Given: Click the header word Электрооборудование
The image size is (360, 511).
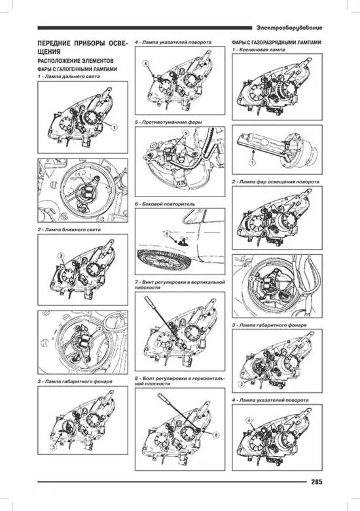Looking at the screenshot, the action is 289,28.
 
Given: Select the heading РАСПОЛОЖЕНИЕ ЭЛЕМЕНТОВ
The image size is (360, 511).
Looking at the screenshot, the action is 75,61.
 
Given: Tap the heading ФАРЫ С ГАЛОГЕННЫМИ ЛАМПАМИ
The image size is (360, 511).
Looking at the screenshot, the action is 77,69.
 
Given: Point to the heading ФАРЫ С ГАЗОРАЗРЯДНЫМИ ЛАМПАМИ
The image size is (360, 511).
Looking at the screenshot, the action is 276,43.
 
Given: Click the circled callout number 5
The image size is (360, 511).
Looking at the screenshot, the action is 185,133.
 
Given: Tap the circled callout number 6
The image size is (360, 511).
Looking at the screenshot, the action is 166,233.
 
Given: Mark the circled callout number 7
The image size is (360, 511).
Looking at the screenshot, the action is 157,343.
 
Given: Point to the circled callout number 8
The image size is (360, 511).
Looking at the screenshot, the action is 217,434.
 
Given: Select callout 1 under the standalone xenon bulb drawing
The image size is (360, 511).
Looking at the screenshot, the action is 253,162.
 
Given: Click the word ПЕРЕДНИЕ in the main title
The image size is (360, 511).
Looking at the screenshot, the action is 54,44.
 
